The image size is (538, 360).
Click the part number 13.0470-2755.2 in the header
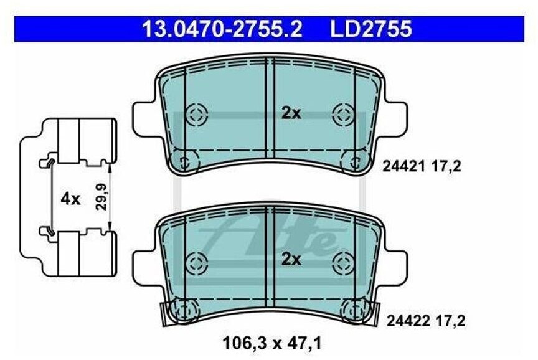[222, 29]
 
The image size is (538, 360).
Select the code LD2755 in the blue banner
[370, 29]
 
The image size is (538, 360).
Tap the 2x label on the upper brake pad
[291, 113]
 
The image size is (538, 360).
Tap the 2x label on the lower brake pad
[291, 260]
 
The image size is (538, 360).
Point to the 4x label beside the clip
[70, 199]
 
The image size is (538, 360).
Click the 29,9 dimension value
[101, 197]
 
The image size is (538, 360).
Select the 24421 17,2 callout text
[422, 167]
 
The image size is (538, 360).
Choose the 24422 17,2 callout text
[426, 321]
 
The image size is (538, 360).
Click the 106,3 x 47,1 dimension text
[272, 343]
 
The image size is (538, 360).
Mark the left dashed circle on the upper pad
[197, 114]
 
